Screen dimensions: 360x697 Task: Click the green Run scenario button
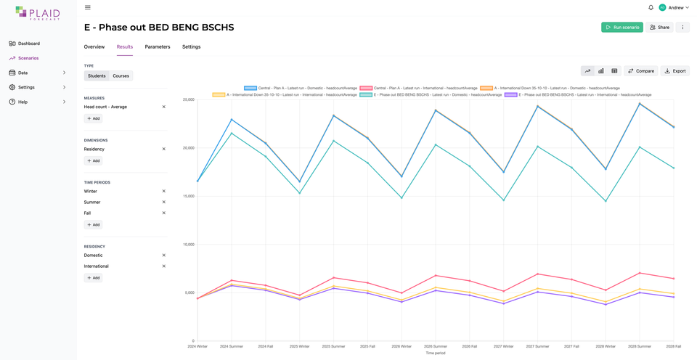622,28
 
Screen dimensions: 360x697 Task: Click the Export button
674,71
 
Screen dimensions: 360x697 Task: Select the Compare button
641,71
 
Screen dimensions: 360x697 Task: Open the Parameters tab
158,47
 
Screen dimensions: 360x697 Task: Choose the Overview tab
94,47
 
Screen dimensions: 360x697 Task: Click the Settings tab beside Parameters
191,47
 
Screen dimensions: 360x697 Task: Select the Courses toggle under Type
121,76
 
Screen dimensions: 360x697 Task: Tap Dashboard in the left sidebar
29,44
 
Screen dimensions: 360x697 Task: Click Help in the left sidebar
23,102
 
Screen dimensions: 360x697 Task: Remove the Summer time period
164,202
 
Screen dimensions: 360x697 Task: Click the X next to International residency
164,266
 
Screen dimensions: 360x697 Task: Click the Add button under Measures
93,118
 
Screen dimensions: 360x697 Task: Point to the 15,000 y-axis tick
188,196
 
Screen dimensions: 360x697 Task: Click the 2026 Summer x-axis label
436,347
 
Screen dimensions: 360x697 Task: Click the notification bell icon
651,8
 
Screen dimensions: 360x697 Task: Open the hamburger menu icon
88,8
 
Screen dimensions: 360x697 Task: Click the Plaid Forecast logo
38,13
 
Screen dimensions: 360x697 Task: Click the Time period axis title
436,353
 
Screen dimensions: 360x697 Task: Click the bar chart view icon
601,71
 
